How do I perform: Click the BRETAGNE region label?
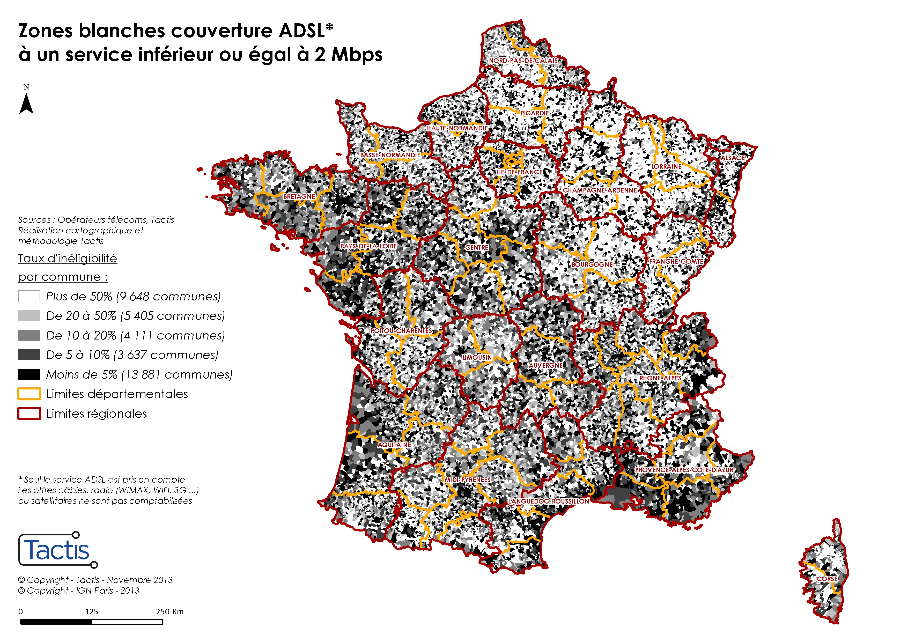299,197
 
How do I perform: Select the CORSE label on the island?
827,579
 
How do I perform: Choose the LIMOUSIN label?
477,357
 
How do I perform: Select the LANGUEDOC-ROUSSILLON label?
549,501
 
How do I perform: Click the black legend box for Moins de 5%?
29,374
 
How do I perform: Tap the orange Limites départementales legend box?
29,394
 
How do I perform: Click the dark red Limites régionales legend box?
29,413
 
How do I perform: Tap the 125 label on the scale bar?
91,611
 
